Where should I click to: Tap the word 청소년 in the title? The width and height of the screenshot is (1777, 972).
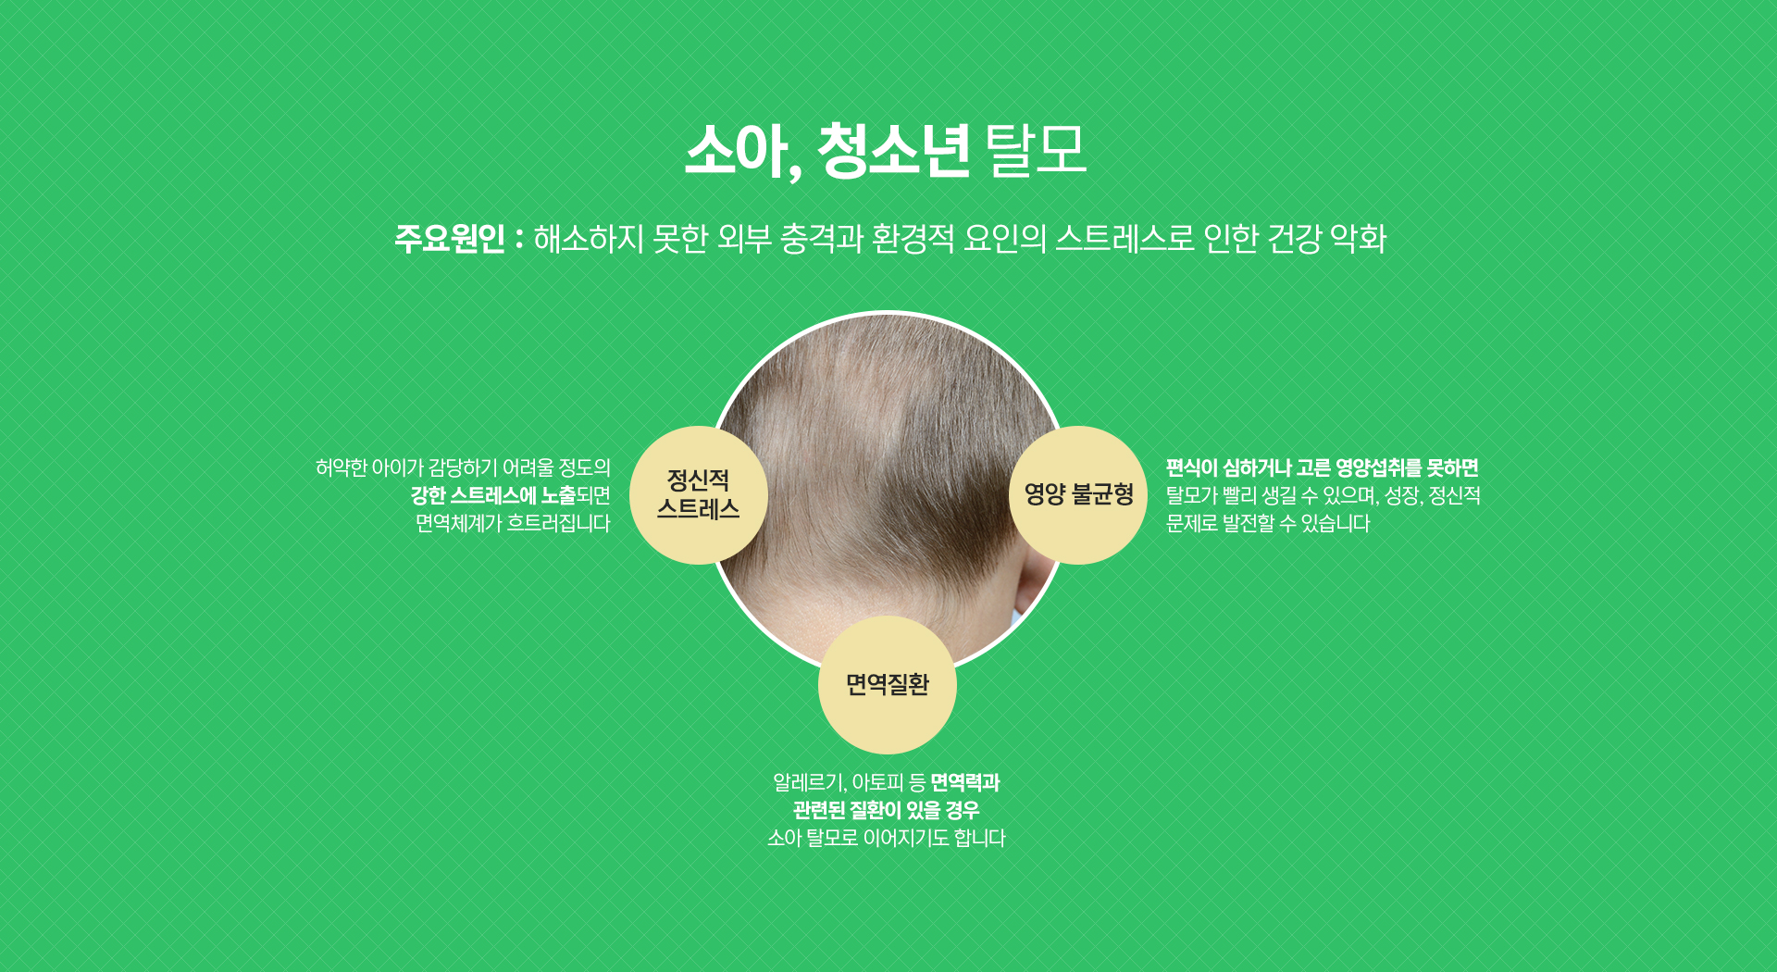[x=893, y=150]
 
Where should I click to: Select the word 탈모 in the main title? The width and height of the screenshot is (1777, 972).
[x=1036, y=150]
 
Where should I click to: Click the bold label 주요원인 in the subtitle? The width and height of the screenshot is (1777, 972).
[x=450, y=239]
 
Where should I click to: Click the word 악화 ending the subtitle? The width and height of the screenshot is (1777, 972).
[x=1358, y=239]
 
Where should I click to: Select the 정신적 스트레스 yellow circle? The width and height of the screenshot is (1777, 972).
[x=698, y=495]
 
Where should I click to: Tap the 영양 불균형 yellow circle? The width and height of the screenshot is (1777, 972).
[x=1078, y=495]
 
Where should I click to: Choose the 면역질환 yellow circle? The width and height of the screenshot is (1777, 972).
[x=887, y=685]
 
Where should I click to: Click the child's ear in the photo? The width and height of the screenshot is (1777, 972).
[x=1035, y=579]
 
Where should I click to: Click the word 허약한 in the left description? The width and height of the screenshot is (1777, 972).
[x=342, y=468]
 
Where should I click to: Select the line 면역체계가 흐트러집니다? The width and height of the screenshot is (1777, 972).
[x=513, y=524]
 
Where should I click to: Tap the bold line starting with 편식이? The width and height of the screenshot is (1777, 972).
[x=1322, y=468]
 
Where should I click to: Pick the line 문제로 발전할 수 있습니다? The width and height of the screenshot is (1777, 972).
[x=1267, y=524]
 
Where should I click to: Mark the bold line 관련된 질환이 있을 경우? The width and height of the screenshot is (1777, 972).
[x=886, y=811]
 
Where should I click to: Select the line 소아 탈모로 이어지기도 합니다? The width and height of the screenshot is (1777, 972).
[x=886, y=839]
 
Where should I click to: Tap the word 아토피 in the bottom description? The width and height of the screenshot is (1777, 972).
[x=877, y=783]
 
